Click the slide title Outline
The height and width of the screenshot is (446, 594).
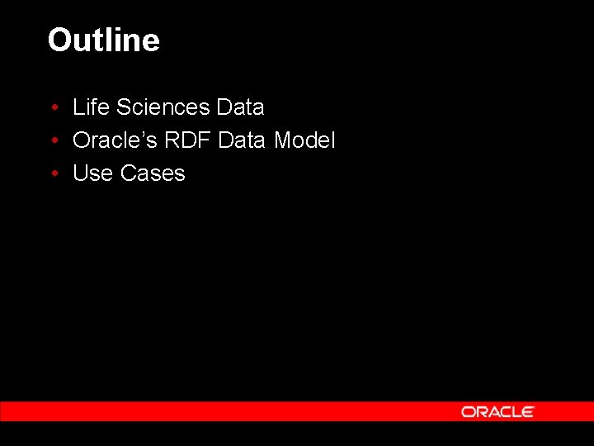103,40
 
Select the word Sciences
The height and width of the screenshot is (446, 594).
163,107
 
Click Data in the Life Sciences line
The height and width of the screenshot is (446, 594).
240,107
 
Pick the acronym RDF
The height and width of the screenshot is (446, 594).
187,140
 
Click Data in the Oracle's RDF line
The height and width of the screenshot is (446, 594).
243,140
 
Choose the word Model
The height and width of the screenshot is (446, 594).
304,140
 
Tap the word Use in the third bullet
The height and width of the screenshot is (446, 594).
93,173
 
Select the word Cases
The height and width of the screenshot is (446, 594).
153,173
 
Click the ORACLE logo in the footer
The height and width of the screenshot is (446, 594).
497,411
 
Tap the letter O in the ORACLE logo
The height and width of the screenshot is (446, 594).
468,411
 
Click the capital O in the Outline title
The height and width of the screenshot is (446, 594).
59,40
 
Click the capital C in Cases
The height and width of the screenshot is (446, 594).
129,173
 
